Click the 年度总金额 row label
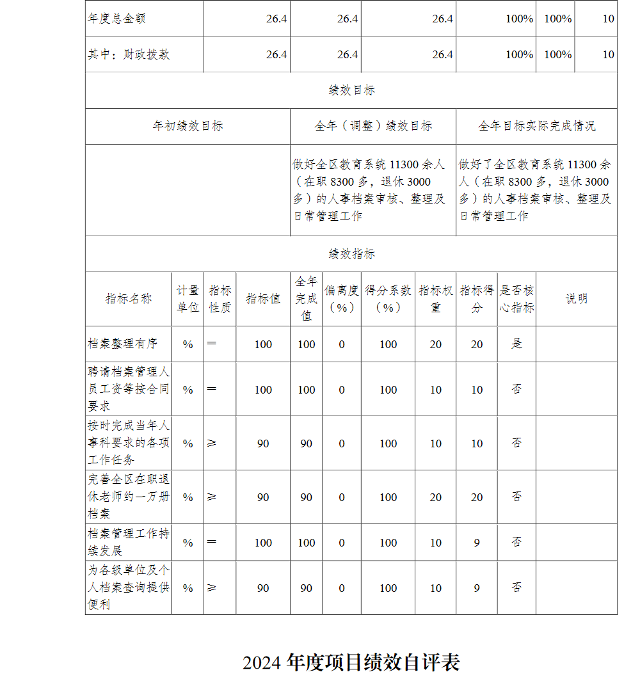(116, 19)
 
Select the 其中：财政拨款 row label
(129, 54)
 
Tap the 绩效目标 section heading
(351, 90)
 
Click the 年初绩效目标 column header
(188, 126)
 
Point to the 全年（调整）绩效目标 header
(373, 126)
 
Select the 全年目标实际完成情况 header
(536, 126)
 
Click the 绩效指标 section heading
(351, 254)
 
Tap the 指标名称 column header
(129, 298)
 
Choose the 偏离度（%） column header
(342, 299)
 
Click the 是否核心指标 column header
(516, 299)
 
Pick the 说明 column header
(576, 298)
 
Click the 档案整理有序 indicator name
(122, 344)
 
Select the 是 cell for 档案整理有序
(516, 344)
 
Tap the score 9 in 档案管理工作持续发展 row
(477, 542)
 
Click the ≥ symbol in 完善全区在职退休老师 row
(212, 497)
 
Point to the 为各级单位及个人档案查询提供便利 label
(129, 587)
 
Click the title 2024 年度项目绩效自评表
(351, 662)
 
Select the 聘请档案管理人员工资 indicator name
(129, 388)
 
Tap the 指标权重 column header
(436, 299)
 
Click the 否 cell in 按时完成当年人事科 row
(516, 443)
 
